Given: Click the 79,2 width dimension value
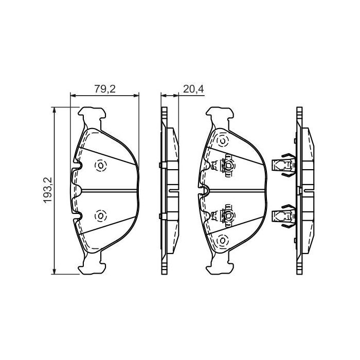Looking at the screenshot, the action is (x=104, y=88).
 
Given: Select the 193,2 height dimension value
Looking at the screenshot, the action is (x=48, y=190).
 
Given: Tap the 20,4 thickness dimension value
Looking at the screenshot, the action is (x=193, y=88).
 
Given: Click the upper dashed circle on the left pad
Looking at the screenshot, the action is (x=100, y=165).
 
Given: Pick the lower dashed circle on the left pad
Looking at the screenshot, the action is (x=100, y=216).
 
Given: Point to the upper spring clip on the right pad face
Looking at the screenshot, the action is (x=223, y=166).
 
